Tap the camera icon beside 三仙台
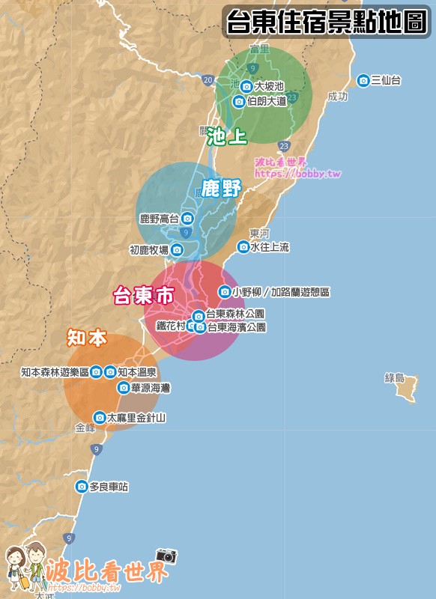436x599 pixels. tap(363, 80)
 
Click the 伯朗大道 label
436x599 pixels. tap(267, 102)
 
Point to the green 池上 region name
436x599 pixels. tap(227, 136)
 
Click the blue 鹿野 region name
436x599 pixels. tap(222, 189)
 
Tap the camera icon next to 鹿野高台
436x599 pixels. tap(187, 219)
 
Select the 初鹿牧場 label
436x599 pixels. tap(149, 250)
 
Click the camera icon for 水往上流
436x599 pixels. tap(243, 247)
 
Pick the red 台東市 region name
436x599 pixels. tap(143, 296)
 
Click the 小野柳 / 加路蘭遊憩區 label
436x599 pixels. tap(281, 292)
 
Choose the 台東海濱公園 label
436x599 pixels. tap(236, 327)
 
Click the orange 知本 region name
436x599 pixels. tap(88, 338)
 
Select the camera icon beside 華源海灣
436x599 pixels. tap(124, 387)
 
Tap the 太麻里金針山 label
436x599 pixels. tap(136, 417)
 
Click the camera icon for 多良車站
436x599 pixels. tap(82, 487)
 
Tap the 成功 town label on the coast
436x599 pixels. tap(338, 97)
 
